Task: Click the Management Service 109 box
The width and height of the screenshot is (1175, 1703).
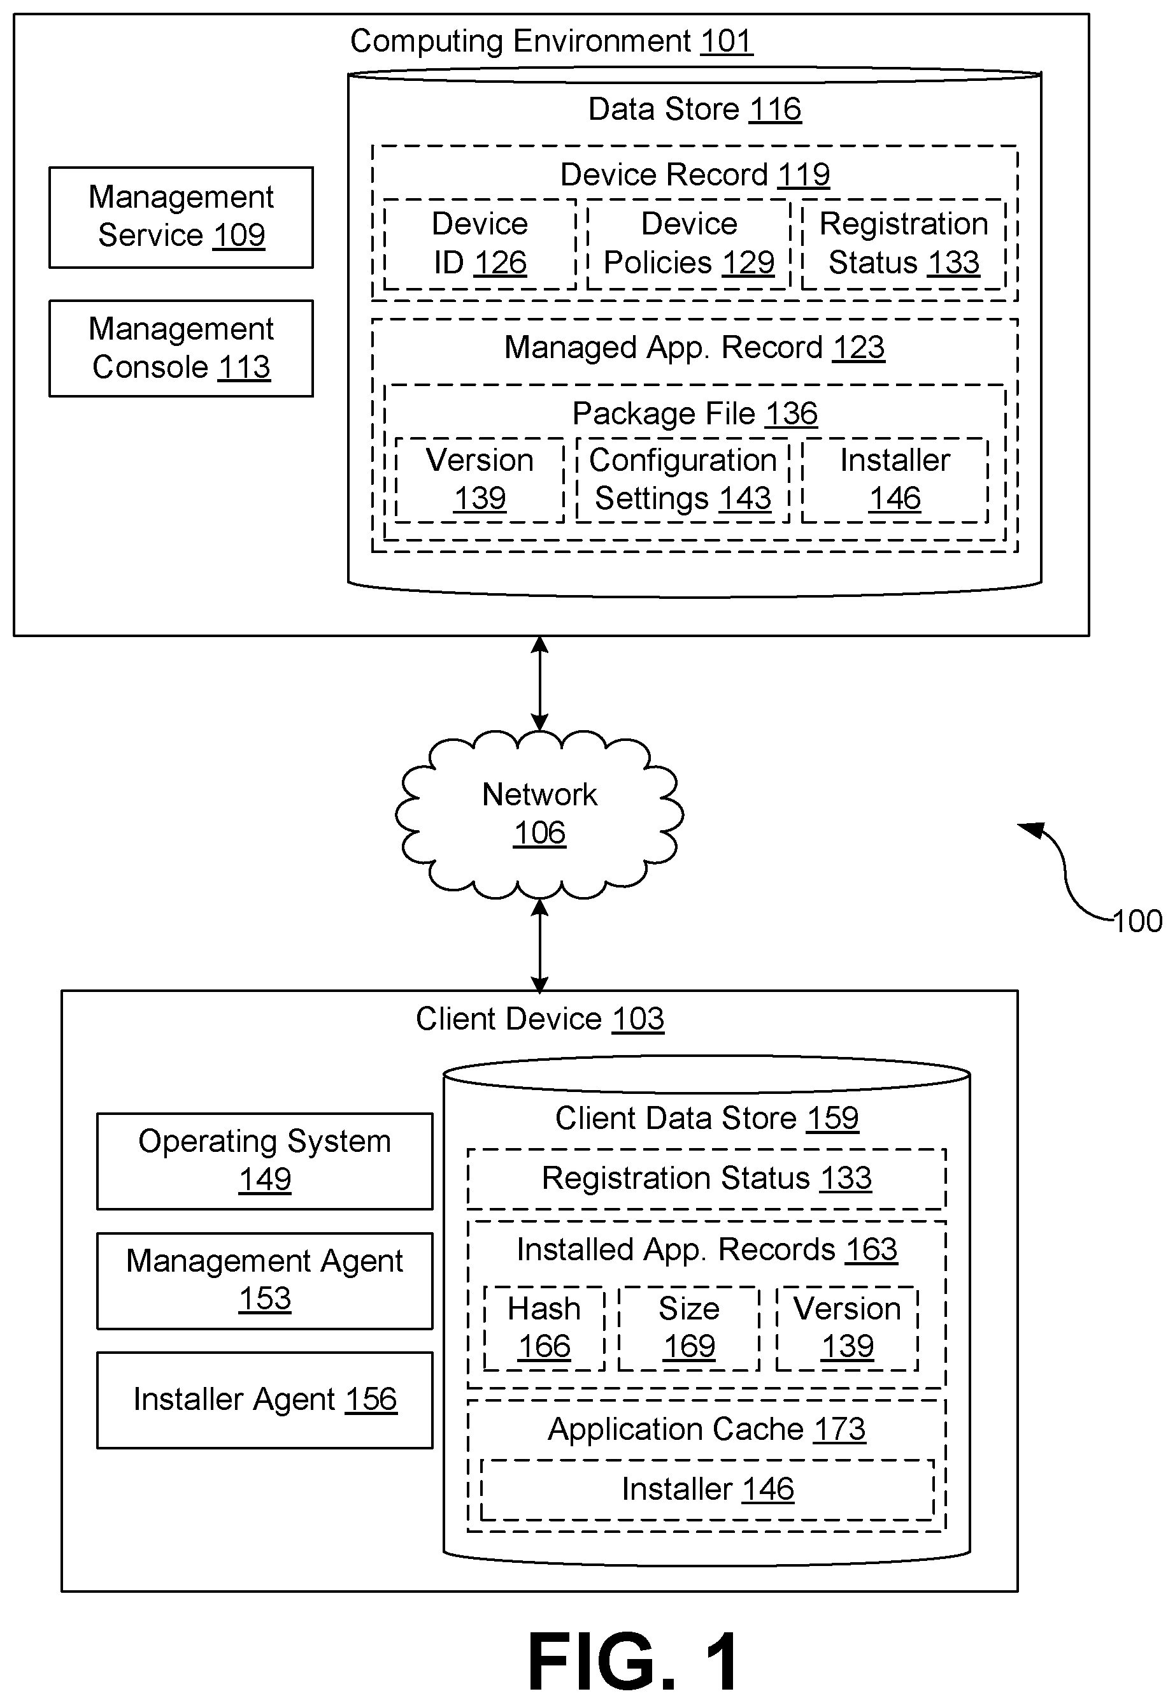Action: click(181, 217)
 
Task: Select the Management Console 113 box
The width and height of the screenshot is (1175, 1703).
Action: click(181, 349)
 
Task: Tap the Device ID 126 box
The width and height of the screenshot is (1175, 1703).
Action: click(480, 244)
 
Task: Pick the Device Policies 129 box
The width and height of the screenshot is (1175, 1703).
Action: click(689, 244)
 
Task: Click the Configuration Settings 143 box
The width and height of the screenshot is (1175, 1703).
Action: click(683, 480)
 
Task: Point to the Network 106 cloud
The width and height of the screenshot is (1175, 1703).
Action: click(539, 814)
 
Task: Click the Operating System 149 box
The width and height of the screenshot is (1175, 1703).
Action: click(264, 1161)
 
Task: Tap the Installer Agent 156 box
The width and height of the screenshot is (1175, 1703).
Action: click(264, 1400)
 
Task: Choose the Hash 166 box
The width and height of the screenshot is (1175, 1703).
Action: click(544, 1328)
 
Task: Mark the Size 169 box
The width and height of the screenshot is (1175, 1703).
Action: click(689, 1328)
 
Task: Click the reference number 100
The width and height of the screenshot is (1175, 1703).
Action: click(1137, 921)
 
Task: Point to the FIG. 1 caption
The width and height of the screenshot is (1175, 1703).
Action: click(634, 1662)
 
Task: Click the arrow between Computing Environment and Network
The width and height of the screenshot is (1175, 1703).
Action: click(539, 683)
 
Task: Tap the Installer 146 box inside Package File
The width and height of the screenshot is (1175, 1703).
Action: click(895, 480)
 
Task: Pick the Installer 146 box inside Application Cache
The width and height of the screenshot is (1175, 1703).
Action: click(708, 1490)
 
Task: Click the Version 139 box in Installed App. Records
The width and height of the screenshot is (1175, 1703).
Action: click(848, 1328)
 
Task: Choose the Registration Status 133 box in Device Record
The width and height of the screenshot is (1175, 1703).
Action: click(903, 244)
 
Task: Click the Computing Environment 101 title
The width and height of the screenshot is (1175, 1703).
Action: click(552, 41)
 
